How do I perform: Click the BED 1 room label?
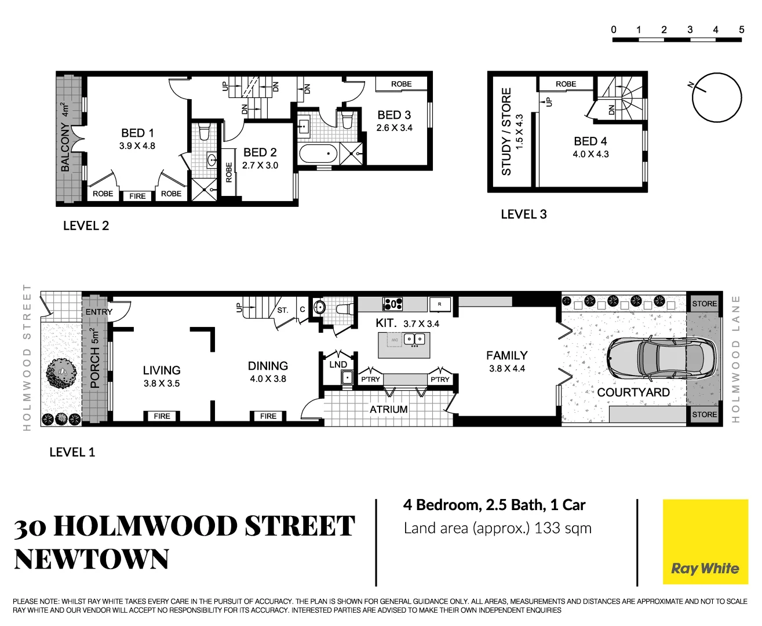(x=137, y=133)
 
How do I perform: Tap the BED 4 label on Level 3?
(x=590, y=141)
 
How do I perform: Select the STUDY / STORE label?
(x=506, y=132)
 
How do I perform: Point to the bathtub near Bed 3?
(x=318, y=154)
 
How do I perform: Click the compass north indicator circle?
(x=717, y=97)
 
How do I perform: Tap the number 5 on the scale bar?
(x=741, y=30)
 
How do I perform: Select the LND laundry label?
(x=338, y=365)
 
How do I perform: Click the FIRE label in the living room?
(x=162, y=416)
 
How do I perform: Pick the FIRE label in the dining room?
(x=268, y=416)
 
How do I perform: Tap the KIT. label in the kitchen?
(x=386, y=323)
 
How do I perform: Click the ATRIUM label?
(x=389, y=409)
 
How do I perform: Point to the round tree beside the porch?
(x=61, y=373)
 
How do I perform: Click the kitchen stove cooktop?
(x=392, y=303)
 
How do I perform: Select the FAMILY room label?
(x=507, y=355)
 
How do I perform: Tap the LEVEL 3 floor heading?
(x=524, y=214)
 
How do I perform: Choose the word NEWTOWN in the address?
(x=92, y=559)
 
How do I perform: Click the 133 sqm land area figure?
(x=563, y=529)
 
